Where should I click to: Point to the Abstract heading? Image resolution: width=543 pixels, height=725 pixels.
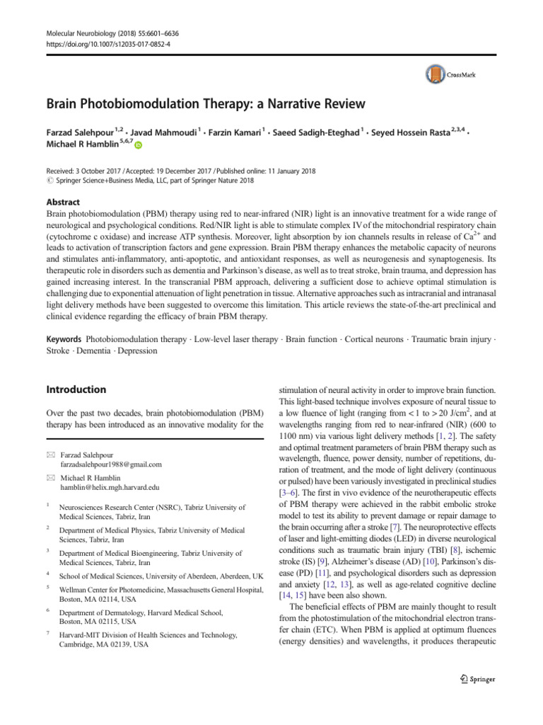[x=63, y=201]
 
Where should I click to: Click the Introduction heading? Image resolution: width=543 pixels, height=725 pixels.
[x=76, y=389]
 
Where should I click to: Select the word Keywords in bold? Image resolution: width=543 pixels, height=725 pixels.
[x=62, y=339]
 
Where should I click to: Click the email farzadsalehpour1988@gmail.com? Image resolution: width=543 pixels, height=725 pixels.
[x=111, y=464]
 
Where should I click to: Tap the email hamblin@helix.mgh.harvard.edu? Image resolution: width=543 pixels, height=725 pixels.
[x=109, y=488]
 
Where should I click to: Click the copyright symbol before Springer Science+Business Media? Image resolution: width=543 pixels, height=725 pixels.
[x=49, y=181]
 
